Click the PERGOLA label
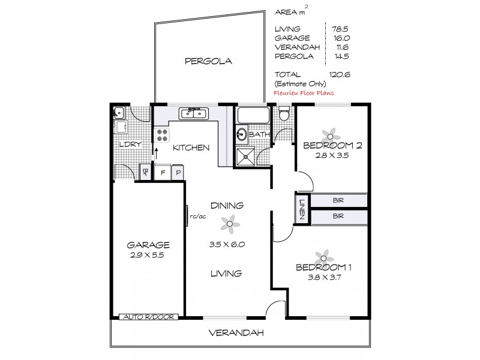208,61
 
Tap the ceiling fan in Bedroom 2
327,133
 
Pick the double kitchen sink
194,113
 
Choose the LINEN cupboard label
302,208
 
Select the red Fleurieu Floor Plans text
304,93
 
